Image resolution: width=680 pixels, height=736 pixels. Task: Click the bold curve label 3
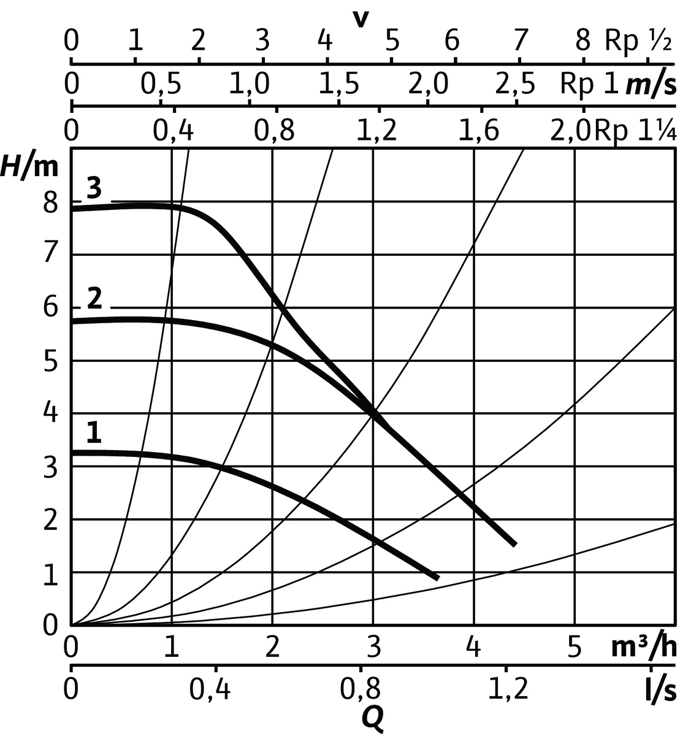click(x=94, y=188)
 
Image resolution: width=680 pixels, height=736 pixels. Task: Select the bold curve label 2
click(x=94, y=299)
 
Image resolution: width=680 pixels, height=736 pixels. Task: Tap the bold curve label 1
click(x=93, y=434)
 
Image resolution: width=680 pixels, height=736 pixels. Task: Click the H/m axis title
click(x=30, y=166)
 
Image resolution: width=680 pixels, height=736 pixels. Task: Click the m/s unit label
click(x=651, y=85)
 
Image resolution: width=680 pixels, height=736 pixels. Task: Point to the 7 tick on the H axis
click(x=51, y=254)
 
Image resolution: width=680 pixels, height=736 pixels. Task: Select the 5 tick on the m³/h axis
click(x=574, y=647)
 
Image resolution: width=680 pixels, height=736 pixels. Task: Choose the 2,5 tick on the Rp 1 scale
click(x=515, y=85)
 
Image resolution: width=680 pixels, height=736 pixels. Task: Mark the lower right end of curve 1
click(x=437, y=578)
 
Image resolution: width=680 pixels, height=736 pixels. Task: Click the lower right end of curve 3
click(x=514, y=544)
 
